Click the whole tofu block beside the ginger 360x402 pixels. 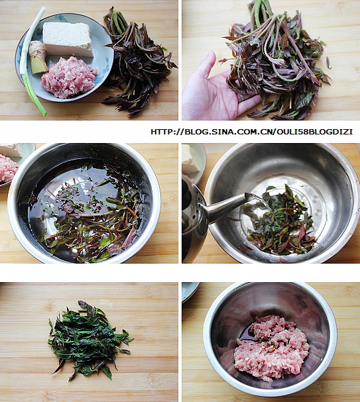pos(67,39)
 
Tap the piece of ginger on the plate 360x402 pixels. pos(38,58)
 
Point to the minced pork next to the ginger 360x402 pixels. pos(69,77)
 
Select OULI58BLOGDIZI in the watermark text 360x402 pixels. pos(314,132)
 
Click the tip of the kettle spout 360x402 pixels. pos(249,197)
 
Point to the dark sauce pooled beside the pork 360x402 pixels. pos(246,334)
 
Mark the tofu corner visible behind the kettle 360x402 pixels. pos(190,158)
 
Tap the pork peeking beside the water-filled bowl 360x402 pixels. pos(8,168)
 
